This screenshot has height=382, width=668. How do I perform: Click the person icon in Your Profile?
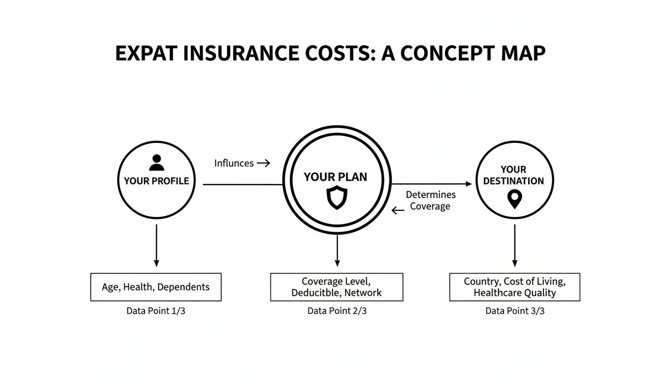coord(157,163)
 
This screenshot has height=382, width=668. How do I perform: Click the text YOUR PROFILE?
coord(157,181)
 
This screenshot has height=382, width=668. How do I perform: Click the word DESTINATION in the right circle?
coord(513,181)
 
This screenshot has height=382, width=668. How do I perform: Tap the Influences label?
coord(234,163)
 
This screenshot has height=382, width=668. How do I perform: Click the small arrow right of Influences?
coord(264,163)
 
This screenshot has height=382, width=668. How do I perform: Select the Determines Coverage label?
coord(430,200)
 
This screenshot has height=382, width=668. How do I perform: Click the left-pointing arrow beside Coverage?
coord(398,210)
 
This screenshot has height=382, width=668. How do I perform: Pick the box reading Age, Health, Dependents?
coord(156,287)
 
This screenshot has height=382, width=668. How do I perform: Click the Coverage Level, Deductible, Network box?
coord(336,287)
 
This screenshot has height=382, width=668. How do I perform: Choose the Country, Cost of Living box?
coord(514,287)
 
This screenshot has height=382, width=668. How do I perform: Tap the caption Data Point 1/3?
coord(156,311)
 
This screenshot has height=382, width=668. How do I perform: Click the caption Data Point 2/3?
coord(337,311)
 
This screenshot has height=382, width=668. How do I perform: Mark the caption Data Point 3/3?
coord(515,311)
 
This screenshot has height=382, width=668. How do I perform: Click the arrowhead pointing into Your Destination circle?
coord(467,185)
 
